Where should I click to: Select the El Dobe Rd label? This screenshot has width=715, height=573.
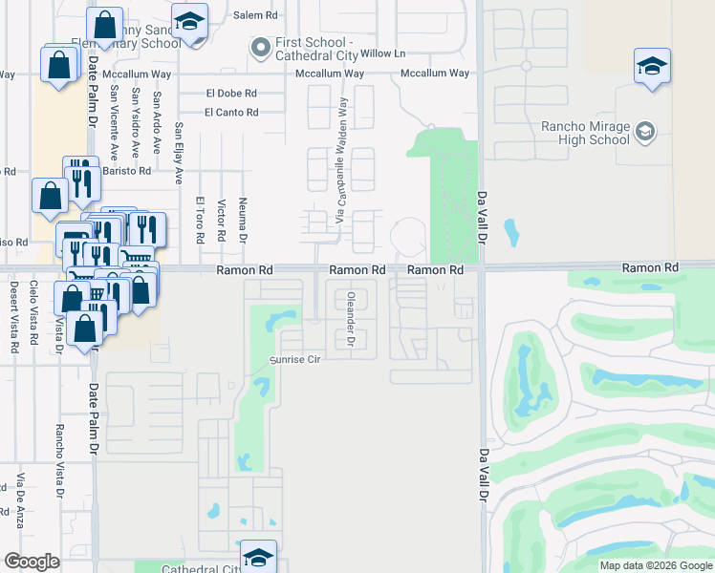(x=231, y=93)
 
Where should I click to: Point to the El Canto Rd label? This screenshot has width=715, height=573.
(x=231, y=112)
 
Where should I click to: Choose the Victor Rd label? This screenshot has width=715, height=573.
(x=221, y=220)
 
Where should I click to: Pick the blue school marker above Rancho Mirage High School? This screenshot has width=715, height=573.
(x=652, y=66)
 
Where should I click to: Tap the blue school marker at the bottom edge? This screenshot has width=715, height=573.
(x=258, y=557)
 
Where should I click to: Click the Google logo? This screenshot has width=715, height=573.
(x=32, y=562)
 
